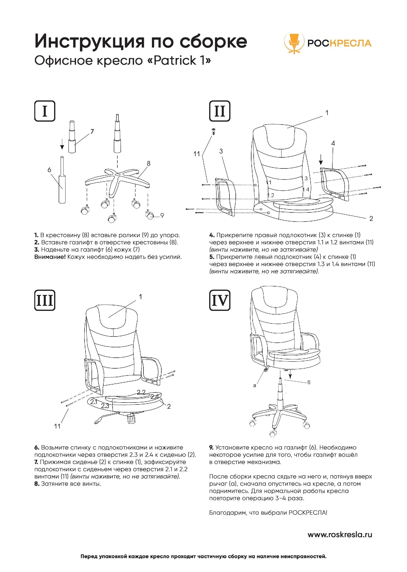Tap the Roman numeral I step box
(45, 111)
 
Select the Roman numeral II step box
(220, 111)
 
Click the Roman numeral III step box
(45, 300)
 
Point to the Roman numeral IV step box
(220, 300)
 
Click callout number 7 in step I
(92, 132)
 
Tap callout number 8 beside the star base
(149, 164)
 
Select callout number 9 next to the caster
(162, 215)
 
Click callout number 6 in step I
(49, 170)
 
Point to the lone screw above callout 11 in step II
(213, 131)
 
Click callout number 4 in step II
(333, 143)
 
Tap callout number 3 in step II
(221, 151)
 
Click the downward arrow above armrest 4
(321, 159)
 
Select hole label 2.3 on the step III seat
(105, 406)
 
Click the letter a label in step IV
(255, 386)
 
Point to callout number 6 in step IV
(309, 382)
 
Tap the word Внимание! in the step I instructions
(50, 257)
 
